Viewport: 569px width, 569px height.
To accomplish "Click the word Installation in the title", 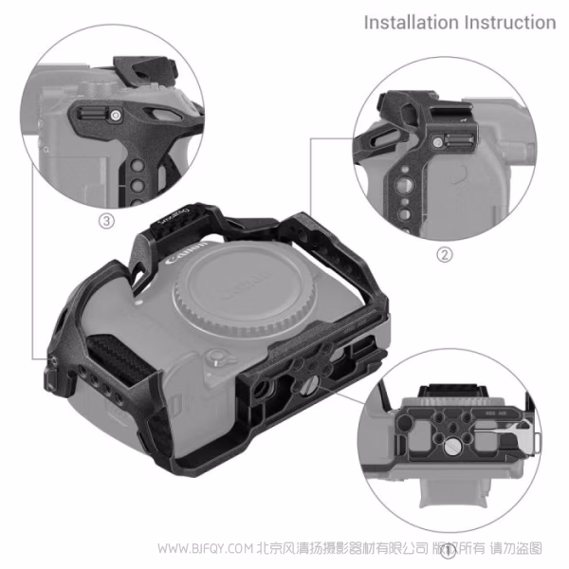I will (412, 21).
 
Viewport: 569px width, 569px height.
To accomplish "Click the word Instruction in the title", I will (509, 21).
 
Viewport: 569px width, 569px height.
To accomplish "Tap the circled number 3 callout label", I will (106, 221).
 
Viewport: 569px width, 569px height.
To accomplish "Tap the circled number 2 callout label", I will (444, 253).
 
